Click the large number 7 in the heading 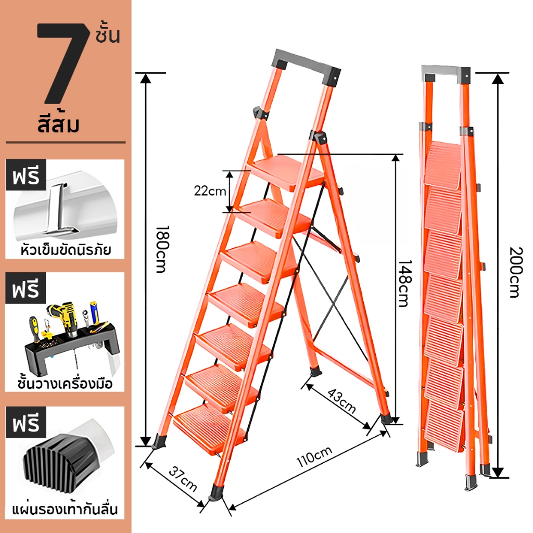click(x=61, y=63)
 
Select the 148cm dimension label click(x=404, y=283)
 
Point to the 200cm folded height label click(x=515, y=272)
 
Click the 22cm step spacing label click(x=210, y=191)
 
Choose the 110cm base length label click(x=314, y=457)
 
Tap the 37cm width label click(x=183, y=479)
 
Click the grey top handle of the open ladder click(x=306, y=66)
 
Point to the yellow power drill click(x=65, y=318)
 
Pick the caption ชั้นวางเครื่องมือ click(x=65, y=383)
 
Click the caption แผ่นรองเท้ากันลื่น click(x=65, y=510)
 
